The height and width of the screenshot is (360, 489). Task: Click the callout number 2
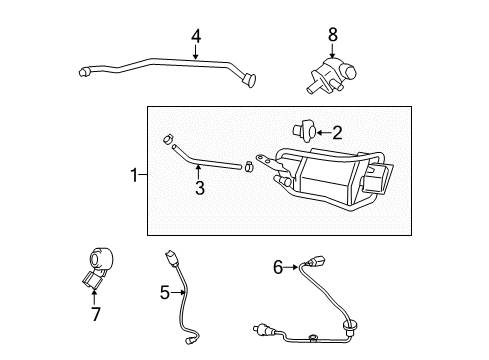(337, 131)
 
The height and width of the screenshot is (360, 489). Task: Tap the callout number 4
(196, 37)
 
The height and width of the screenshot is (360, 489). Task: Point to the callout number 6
(279, 266)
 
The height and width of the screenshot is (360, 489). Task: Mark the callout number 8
(334, 37)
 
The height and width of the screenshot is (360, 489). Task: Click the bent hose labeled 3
(200, 160)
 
